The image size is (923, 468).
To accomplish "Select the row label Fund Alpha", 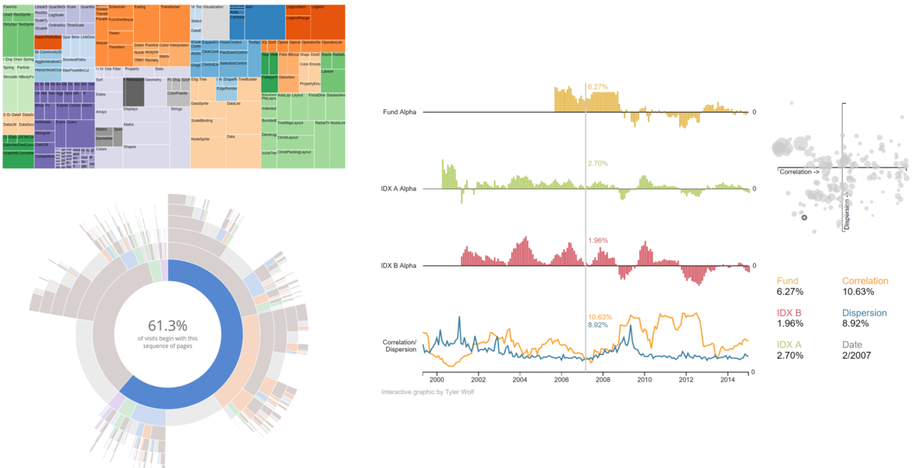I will tap(401, 112).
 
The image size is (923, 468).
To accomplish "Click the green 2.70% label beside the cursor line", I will tap(598, 164).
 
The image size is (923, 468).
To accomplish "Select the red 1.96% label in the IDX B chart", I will tap(598, 241).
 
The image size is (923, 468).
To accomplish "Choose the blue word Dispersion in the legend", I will tap(865, 313).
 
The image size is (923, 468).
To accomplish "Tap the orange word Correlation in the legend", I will tap(865, 281).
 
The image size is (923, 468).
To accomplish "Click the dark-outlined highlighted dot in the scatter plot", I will tap(805, 218).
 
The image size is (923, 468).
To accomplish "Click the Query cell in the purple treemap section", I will tap(72, 122).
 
